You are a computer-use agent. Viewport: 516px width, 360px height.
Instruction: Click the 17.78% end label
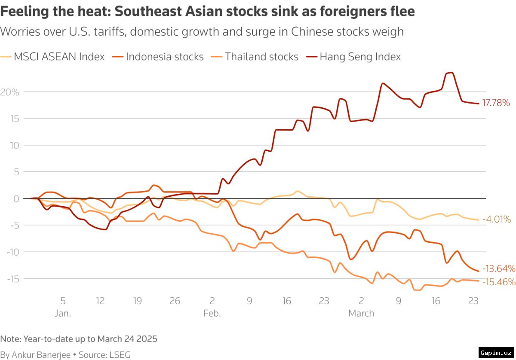[496, 103]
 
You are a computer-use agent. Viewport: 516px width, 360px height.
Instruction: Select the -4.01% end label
[497, 220]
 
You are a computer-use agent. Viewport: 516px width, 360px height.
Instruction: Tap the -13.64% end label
[498, 269]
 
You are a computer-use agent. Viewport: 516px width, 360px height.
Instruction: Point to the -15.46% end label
[498, 282]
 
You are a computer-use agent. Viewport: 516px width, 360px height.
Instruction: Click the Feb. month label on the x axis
[212, 313]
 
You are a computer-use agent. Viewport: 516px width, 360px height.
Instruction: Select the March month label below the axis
[361, 313]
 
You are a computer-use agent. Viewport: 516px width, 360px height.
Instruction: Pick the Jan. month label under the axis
[63, 313]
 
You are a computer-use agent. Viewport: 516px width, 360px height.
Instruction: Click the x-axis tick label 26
[175, 301]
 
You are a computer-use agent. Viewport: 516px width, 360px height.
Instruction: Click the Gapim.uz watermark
[496, 353]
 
